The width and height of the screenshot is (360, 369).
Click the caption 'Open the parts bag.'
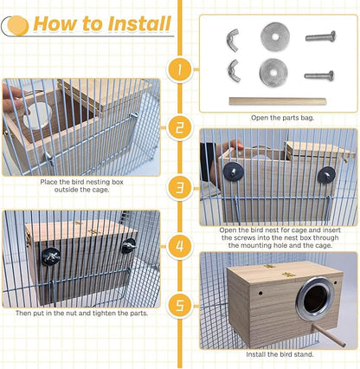point(278,118)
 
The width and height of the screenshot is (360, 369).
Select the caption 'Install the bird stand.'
point(279,353)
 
